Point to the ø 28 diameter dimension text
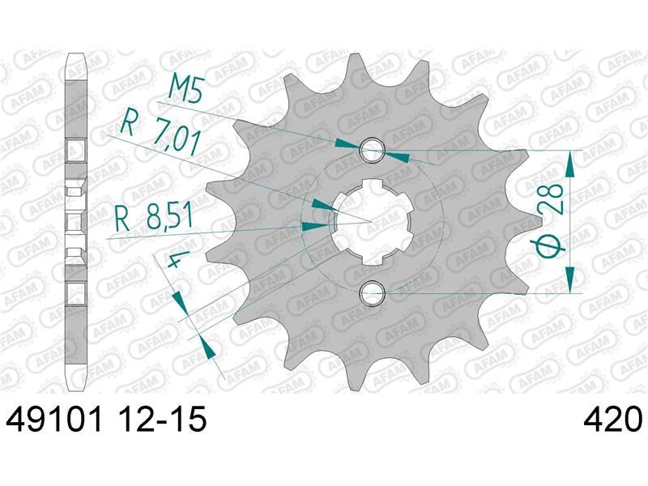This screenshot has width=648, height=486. click(x=552, y=220)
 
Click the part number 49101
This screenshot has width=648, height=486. click(x=53, y=420)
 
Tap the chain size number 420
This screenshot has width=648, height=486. click(x=613, y=420)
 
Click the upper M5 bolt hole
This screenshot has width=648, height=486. click(x=373, y=150)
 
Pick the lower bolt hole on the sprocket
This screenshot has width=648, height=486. click(x=373, y=293)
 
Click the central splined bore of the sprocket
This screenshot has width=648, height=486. click(x=372, y=222)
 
